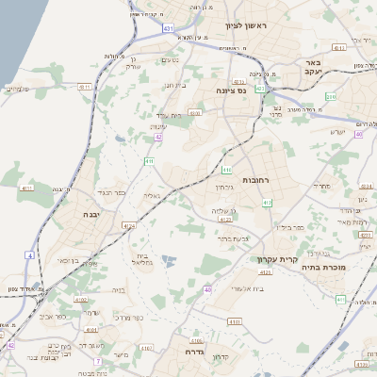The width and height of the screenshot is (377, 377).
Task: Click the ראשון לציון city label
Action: click(246, 27)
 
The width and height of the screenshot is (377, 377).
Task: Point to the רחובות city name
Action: click(257, 179)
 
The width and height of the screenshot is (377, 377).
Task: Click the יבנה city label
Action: click(71, 215)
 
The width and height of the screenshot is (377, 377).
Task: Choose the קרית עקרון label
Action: click(276, 259)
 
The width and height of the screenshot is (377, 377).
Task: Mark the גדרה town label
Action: click(195, 351)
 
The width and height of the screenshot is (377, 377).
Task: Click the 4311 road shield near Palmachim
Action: click(85, 87)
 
